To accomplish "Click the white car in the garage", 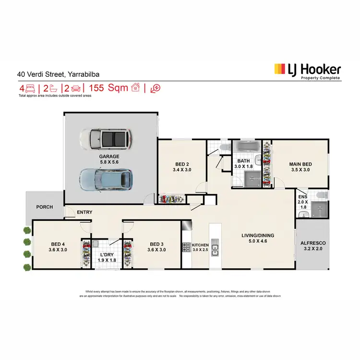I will (106, 139).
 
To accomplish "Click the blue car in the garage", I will (106, 179).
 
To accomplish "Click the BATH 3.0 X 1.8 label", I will (243, 164).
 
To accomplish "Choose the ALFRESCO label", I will (312, 243).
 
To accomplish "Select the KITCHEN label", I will (200, 245).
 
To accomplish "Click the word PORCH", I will (45, 207).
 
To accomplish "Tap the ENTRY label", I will (84, 212).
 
